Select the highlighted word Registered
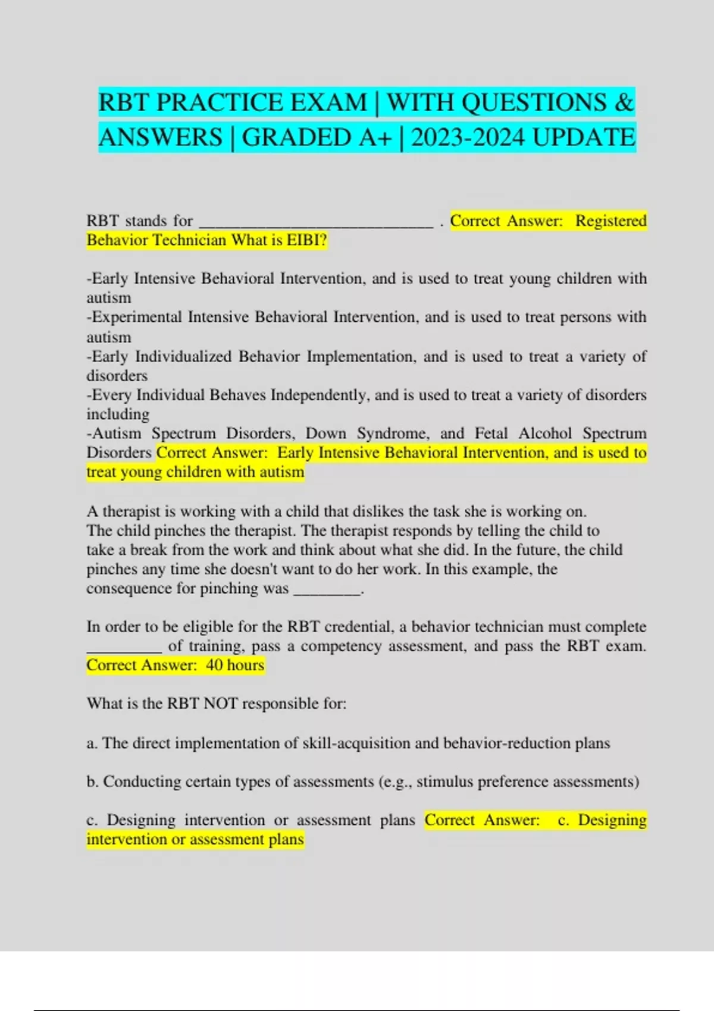tap(610, 221)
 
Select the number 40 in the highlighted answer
tap(214, 665)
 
